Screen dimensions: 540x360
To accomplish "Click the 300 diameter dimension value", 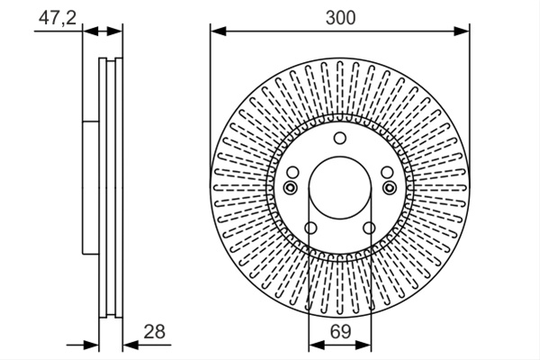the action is point(340,18).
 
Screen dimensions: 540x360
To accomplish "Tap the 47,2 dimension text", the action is point(58,18).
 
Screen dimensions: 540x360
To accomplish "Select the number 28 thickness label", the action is point(154,331).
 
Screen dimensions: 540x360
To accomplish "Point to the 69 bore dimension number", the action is point(340,331).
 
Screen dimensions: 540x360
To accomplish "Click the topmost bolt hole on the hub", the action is point(340,138).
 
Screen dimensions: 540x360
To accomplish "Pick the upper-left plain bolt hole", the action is point(292,172).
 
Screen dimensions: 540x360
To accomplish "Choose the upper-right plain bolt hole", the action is point(387,172).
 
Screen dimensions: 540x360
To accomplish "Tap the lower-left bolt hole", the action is point(310,228).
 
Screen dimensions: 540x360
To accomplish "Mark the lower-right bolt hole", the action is point(369,228).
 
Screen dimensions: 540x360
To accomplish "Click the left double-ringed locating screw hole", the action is point(291,188).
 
